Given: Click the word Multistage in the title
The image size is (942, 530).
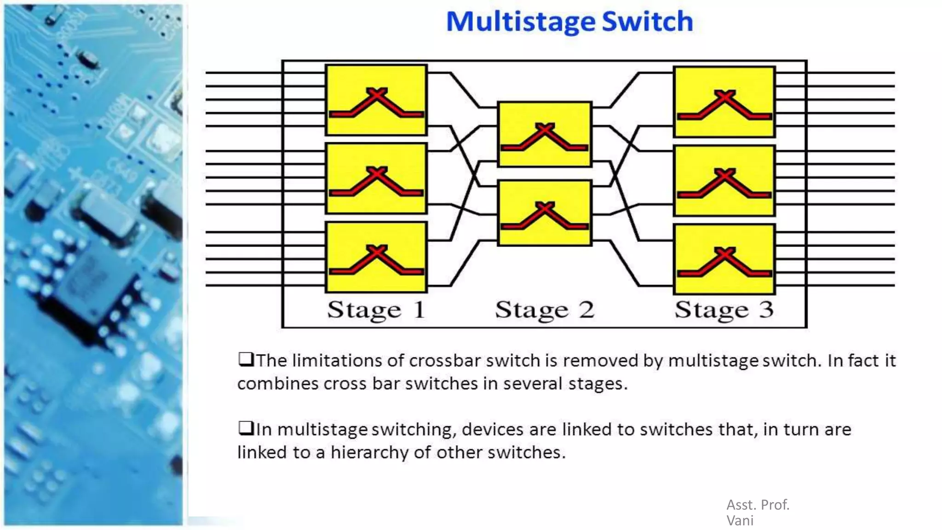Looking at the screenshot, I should (520, 22).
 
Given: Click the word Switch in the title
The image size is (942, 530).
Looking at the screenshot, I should (647, 22).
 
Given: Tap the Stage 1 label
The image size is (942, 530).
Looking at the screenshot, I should (376, 310).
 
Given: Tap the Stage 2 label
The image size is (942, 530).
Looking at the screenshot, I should (545, 310).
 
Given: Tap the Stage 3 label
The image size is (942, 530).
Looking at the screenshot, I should (724, 310).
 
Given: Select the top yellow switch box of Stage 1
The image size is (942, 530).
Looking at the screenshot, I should (376, 100).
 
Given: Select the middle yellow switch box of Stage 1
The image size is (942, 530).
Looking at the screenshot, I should (376, 179).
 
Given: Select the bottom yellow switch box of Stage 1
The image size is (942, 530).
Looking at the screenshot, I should (376, 257).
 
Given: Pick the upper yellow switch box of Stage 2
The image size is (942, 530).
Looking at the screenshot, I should (545, 134).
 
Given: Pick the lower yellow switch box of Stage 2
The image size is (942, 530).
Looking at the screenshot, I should (545, 213).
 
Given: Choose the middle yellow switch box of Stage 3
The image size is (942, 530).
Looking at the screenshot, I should (724, 181).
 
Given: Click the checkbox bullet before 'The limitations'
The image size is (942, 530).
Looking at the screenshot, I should (246, 359).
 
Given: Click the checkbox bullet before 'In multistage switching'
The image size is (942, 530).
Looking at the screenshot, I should (246, 428).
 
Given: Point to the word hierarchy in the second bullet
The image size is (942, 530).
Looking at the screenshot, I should (369, 453).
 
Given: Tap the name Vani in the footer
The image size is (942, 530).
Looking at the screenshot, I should (740, 521).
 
